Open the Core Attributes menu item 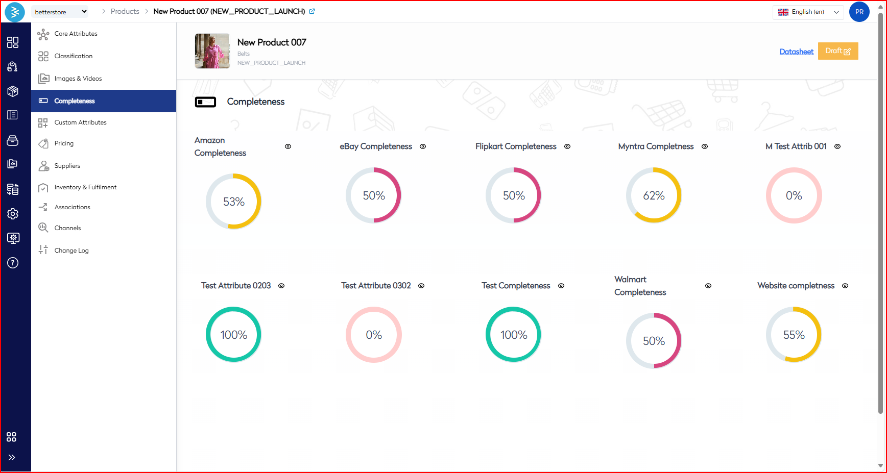(x=76, y=34)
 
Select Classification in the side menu (x=73, y=56)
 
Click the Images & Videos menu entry (x=78, y=79)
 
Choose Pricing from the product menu (x=64, y=143)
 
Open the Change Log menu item (x=71, y=251)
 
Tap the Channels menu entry (x=67, y=228)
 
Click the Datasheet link (x=796, y=52)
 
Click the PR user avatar (x=859, y=12)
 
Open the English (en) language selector (x=808, y=12)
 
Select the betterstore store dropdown (x=60, y=12)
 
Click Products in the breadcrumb (x=125, y=11)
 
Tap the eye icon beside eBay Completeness (x=423, y=146)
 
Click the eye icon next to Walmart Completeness (x=708, y=286)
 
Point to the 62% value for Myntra (x=654, y=196)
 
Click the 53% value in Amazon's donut (x=234, y=202)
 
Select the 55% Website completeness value (x=794, y=335)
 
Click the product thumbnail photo (x=212, y=51)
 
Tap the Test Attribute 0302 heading (x=376, y=286)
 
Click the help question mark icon (x=13, y=263)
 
